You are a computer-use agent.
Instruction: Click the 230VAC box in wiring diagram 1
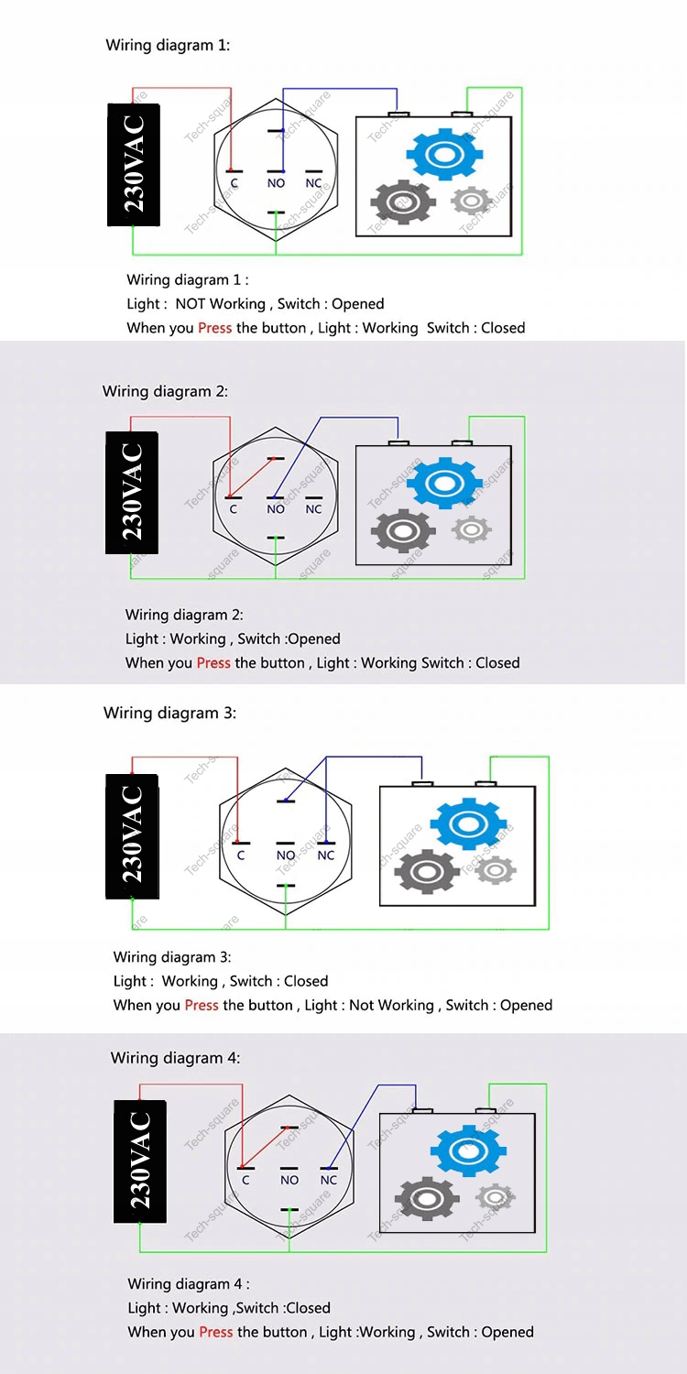(134, 165)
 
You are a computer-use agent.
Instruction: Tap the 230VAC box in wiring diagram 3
(133, 836)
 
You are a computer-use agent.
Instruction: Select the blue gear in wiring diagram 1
(443, 153)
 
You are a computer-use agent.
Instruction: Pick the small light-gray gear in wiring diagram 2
(472, 529)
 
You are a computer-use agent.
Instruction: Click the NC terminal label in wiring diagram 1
(313, 183)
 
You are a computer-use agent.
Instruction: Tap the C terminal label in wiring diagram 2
(233, 509)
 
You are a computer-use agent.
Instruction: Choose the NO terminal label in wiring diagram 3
(286, 856)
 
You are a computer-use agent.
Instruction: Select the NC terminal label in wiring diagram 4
(329, 1180)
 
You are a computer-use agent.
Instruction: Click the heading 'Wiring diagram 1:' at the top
(168, 45)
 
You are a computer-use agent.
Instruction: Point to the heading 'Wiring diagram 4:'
(175, 1058)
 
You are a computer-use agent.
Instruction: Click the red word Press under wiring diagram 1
(214, 328)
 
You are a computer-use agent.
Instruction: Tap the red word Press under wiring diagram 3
(202, 1005)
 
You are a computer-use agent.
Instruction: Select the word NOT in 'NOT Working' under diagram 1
(191, 304)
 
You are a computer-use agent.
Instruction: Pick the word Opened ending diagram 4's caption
(507, 1332)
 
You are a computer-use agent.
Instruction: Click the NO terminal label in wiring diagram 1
(276, 183)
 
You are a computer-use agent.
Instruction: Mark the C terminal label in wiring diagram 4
(245, 1180)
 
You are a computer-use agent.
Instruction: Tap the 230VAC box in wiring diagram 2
(132, 493)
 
